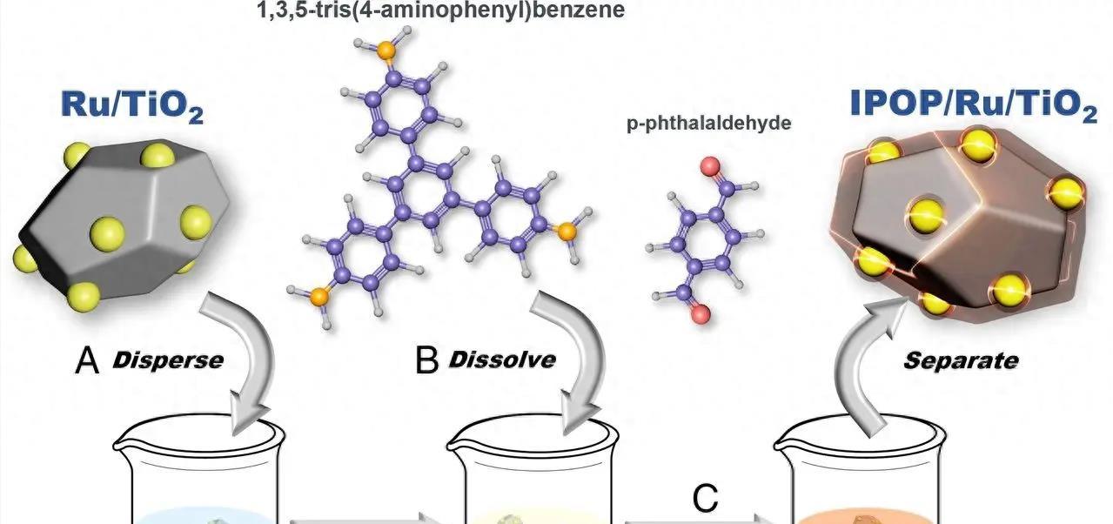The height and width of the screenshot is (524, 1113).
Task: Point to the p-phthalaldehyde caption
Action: tap(708, 124)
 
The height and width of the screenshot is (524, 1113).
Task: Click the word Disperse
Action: tap(167, 359)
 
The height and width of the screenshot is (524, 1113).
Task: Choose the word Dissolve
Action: tap(501, 359)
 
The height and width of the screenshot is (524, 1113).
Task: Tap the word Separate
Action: tap(960, 359)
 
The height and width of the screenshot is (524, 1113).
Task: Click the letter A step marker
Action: tap(87, 359)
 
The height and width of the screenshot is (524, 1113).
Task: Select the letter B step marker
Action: tap(426, 360)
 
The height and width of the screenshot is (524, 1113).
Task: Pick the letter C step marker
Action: tap(705, 500)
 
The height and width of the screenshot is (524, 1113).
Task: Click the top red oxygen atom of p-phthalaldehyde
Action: tap(711, 165)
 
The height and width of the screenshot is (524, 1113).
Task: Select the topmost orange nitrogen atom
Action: tap(386, 50)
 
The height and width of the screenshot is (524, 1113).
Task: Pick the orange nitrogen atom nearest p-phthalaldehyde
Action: tap(567, 231)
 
